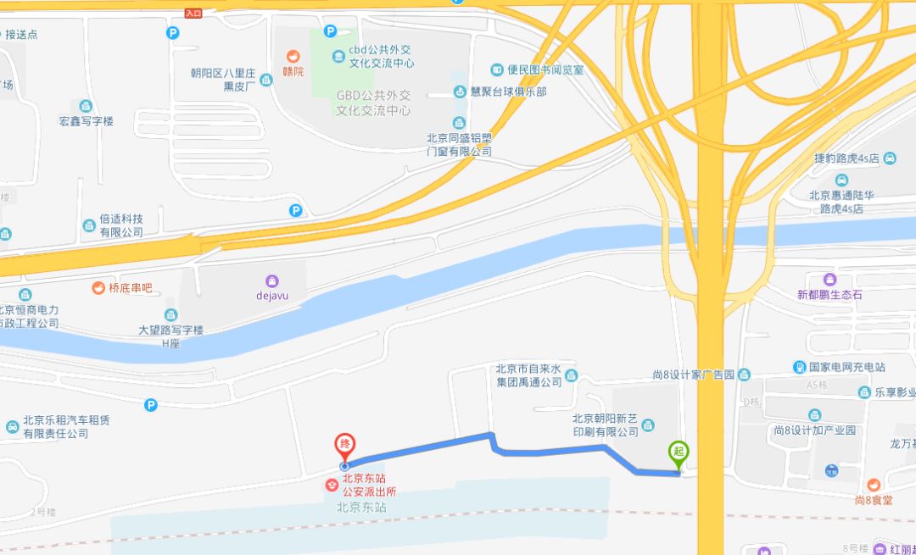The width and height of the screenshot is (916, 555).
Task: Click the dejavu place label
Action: [x=272, y=296]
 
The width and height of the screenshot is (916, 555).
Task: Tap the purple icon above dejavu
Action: [x=272, y=280]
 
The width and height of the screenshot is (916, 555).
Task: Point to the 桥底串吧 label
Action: [x=130, y=288]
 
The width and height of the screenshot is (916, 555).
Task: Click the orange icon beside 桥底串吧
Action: [x=98, y=288]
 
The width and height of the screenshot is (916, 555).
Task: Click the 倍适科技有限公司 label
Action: [x=121, y=225]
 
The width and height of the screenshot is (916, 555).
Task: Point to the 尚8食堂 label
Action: [x=874, y=500]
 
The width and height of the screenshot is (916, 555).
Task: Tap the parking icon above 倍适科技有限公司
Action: [x=295, y=210]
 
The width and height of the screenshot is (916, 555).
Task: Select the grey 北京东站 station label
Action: [x=361, y=508]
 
